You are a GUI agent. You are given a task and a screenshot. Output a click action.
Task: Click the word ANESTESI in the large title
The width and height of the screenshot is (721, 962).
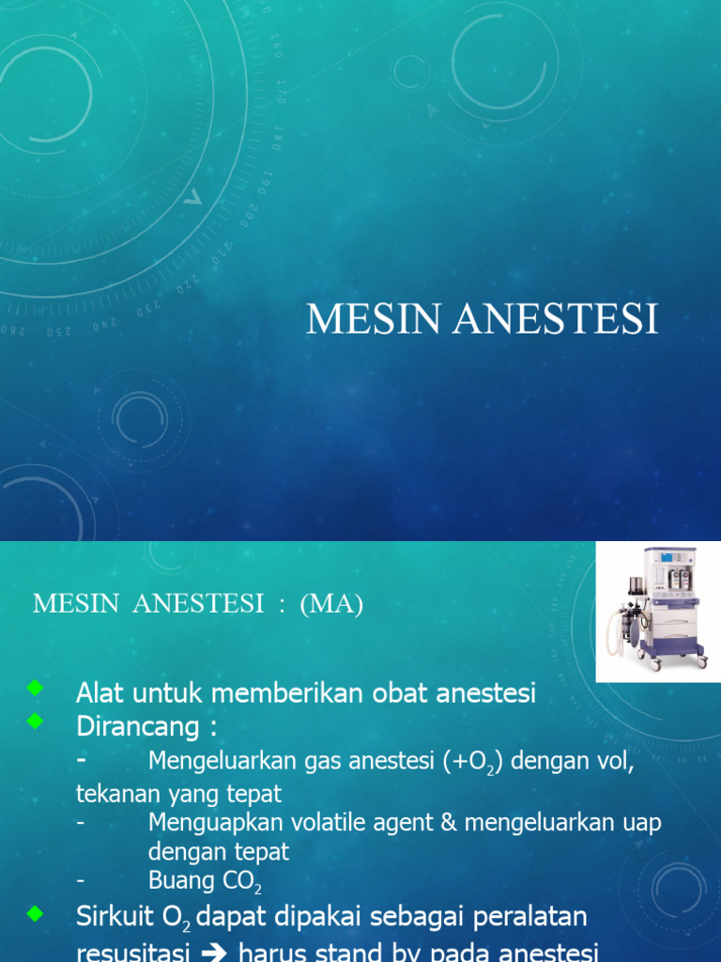point(557,319)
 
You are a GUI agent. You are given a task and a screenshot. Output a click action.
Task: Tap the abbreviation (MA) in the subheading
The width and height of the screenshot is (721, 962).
point(331,604)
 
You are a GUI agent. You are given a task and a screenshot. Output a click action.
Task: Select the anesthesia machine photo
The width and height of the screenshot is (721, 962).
point(658,612)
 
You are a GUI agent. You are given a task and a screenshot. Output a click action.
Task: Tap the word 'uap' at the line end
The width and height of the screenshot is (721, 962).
point(643,823)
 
